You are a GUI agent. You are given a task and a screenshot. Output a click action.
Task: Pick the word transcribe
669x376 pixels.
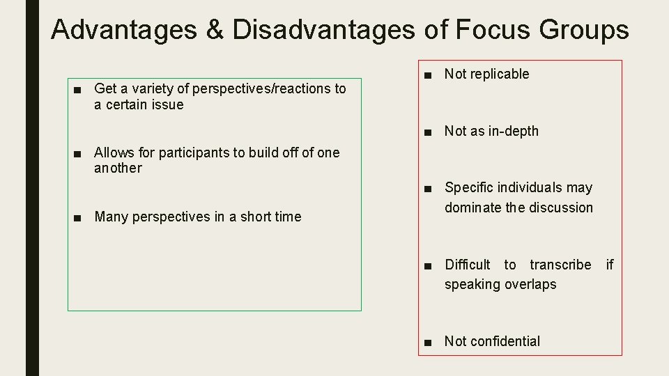pos(560,265)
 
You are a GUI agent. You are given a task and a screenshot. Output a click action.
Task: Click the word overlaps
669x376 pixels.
pos(529,284)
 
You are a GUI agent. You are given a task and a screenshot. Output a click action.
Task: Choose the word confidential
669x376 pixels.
pos(505,341)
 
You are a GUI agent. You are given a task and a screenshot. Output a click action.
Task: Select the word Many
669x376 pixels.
pos(110,217)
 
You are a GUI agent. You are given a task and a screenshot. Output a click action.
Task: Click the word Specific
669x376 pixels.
pos(469,187)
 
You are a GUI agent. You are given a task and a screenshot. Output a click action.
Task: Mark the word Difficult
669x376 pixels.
pos(468,265)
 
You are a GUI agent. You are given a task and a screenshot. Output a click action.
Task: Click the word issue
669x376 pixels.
pos(168,105)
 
